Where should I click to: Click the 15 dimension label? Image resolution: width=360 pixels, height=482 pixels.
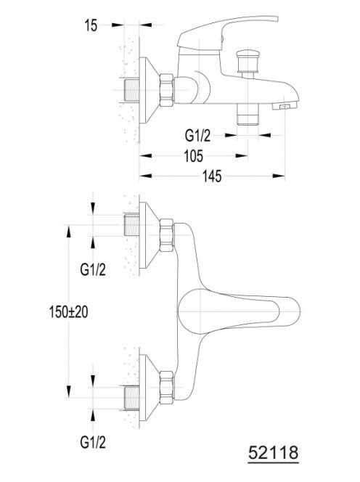click(x=91, y=25)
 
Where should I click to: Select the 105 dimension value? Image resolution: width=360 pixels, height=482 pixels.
click(x=194, y=156)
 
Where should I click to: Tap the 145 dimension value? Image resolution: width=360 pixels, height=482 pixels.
click(x=212, y=176)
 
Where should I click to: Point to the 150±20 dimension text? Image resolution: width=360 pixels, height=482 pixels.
click(x=68, y=312)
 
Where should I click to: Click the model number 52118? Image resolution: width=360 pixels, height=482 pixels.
click(x=274, y=453)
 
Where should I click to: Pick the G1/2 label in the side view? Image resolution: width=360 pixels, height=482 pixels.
click(x=197, y=136)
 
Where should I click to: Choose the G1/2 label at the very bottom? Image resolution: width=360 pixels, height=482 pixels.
click(x=93, y=443)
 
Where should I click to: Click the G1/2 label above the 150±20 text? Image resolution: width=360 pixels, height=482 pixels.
click(x=93, y=269)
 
